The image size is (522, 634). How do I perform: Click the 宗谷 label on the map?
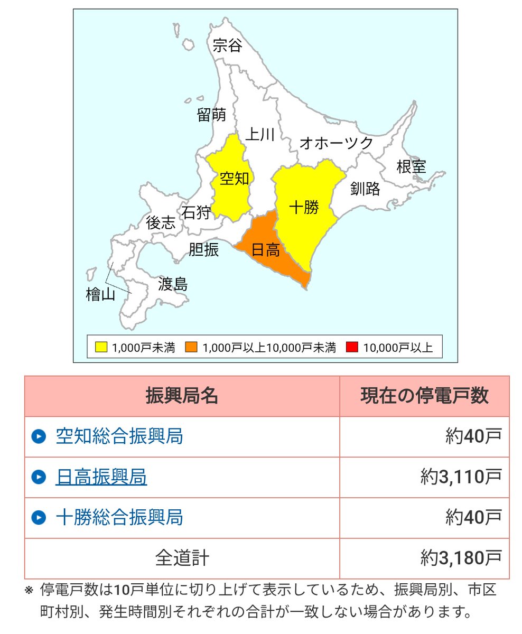point(227,46)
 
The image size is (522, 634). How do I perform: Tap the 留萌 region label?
point(211,115)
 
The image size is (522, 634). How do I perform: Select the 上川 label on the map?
point(259,135)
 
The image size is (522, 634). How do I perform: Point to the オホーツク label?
point(336,143)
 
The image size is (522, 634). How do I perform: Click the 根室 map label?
point(411,167)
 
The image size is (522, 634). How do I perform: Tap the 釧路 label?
point(365,189)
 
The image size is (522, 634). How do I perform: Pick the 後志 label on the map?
point(161,223)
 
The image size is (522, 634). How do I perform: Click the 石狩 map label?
point(196,212)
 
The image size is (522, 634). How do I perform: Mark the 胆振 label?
point(204,249)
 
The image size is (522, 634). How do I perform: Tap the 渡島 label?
point(173,285)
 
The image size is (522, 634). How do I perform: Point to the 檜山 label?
point(100,295)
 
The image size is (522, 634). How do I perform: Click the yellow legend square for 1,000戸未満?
point(101,347)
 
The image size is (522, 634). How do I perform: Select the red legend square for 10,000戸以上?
point(352,347)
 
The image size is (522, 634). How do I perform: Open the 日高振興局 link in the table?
point(101,477)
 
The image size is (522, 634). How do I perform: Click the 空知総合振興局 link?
point(119,436)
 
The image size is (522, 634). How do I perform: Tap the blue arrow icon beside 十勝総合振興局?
point(39,517)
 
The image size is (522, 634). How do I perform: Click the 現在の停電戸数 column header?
point(424,396)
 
